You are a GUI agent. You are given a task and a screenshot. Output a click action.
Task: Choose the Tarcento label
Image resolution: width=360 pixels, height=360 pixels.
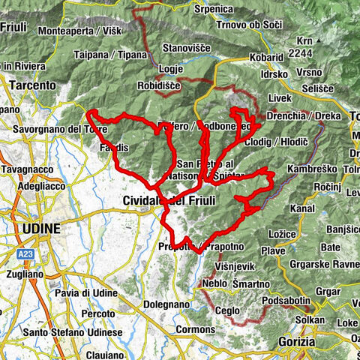[x=32, y=85]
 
